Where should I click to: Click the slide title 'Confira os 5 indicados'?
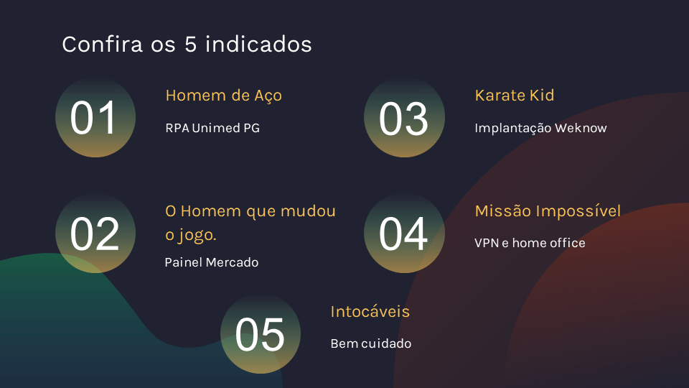tap(187, 44)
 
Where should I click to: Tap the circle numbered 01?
tap(95, 117)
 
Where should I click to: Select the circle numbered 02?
tap(95, 233)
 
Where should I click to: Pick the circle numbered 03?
tap(404, 117)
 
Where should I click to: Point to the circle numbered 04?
tap(404, 233)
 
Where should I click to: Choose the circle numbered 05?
tap(261, 333)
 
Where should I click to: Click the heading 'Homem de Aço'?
tap(224, 96)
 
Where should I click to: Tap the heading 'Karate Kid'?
tap(515, 95)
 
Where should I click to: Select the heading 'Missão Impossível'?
tap(548, 211)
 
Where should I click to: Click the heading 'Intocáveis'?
tap(370, 311)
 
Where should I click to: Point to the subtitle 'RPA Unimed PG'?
tap(212, 128)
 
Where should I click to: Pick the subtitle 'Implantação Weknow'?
tap(540, 128)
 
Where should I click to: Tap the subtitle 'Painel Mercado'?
tap(211, 262)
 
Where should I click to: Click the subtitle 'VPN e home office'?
tap(530, 243)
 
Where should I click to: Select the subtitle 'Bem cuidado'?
tap(371, 343)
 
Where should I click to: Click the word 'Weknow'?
tap(581, 128)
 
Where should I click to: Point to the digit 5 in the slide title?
tap(190, 45)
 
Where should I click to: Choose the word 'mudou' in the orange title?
tap(308, 211)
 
